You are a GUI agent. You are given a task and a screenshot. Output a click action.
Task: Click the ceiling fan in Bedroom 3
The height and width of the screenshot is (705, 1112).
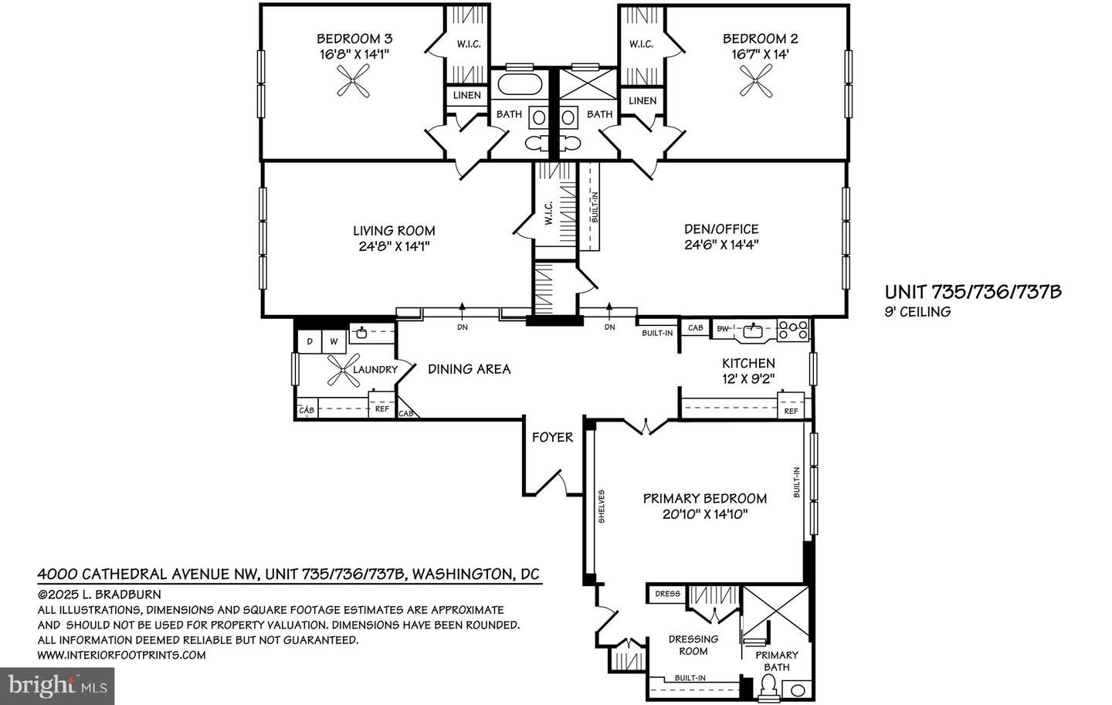click(353, 81)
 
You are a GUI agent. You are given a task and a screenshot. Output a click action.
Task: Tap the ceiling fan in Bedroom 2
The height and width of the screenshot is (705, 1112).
click(755, 81)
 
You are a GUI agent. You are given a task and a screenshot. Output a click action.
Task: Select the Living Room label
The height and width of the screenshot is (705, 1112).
click(394, 231)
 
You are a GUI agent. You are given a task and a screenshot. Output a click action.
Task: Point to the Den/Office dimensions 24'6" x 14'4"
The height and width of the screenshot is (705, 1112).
click(722, 245)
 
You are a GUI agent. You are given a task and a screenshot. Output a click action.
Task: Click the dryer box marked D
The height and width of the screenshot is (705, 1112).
click(310, 341)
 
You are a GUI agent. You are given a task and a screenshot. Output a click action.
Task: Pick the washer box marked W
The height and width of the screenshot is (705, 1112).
click(334, 341)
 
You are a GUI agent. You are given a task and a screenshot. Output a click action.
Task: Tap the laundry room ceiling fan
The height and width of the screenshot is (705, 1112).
click(344, 371)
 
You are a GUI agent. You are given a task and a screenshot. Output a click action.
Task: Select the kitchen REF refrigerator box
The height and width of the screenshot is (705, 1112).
click(792, 411)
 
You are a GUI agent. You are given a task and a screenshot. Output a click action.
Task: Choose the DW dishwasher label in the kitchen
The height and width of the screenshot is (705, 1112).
click(723, 329)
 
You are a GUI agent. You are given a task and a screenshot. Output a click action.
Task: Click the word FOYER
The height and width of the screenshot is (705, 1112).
click(553, 437)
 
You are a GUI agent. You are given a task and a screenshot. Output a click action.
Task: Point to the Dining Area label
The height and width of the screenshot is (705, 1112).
click(470, 369)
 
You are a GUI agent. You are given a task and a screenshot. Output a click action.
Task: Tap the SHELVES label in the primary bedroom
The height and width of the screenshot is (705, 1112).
click(602, 507)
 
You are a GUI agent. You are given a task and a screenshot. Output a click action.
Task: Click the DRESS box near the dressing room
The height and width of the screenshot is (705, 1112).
click(667, 594)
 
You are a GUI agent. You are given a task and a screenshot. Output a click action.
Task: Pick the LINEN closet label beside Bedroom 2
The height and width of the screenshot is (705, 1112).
click(642, 101)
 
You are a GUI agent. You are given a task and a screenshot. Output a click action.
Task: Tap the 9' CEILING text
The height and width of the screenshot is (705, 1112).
click(917, 312)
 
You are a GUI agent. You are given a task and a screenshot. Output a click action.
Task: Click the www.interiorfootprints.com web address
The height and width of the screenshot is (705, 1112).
click(122, 655)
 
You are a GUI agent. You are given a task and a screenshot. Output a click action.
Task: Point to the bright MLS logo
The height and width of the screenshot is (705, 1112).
click(57, 686)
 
